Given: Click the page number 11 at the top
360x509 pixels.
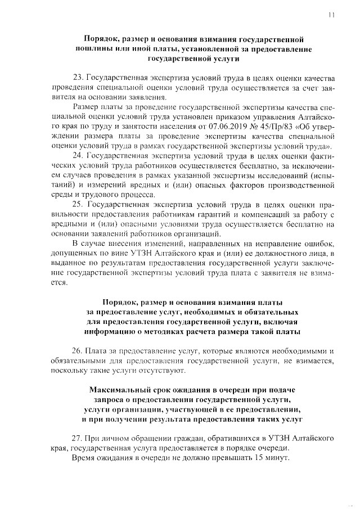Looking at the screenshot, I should [332, 16].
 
